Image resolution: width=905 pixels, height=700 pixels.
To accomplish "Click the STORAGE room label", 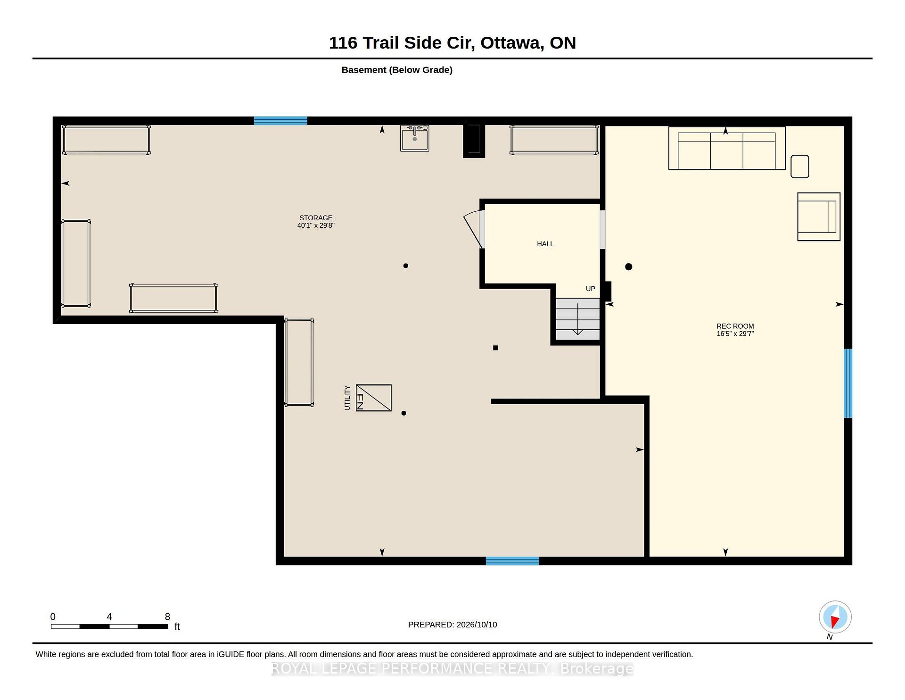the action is (x=316, y=218).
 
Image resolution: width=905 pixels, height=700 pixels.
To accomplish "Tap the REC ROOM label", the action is (x=735, y=326).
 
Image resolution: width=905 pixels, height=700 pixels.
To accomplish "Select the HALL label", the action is (x=545, y=244).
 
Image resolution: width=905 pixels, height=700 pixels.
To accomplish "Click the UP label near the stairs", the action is (x=590, y=289).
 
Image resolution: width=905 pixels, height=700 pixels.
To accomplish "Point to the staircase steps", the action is (x=577, y=319).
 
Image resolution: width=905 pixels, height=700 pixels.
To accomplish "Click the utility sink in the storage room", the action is (x=415, y=138).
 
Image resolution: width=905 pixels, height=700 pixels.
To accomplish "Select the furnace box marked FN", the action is (x=374, y=398).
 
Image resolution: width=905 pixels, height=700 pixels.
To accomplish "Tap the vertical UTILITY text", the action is (x=347, y=398).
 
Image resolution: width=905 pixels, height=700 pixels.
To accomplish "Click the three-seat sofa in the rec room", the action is (x=727, y=148).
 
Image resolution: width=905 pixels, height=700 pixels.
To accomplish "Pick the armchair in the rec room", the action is (x=819, y=217).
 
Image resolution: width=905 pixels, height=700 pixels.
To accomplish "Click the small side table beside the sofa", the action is (x=800, y=167).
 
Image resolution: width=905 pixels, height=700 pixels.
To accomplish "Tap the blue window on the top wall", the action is (x=280, y=121).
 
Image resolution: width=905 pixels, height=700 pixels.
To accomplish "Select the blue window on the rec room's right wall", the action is (x=848, y=383).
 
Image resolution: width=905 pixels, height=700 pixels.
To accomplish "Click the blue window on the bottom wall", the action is (x=512, y=561).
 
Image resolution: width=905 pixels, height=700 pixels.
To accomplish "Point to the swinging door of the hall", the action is (x=474, y=230).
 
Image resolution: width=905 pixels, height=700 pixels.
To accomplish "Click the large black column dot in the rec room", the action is (x=628, y=267).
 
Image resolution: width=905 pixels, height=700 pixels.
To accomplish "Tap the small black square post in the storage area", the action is (x=495, y=348).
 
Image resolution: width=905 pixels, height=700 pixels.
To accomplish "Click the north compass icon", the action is (x=835, y=617).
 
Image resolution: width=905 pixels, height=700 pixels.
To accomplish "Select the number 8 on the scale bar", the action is (x=167, y=617).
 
